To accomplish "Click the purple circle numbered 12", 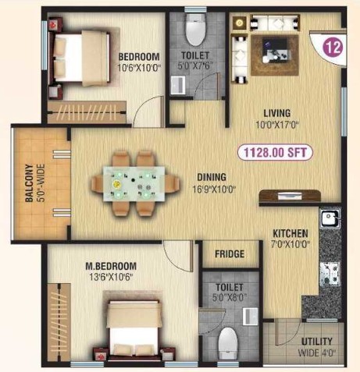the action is (x=333, y=48).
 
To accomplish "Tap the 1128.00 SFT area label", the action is (x=275, y=152).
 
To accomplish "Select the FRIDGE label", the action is (x=230, y=253).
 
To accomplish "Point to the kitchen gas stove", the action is (x=330, y=274).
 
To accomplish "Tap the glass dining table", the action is (x=134, y=184).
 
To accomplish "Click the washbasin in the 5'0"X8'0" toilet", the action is (x=250, y=317).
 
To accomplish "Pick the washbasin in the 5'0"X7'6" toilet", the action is (x=178, y=85).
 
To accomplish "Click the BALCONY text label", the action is (x=30, y=182).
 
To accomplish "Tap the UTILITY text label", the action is (x=317, y=341).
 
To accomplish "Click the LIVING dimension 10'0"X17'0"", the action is (x=277, y=125).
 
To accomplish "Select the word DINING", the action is (x=212, y=177).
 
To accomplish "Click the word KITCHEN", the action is (x=290, y=233).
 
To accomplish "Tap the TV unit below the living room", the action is (x=290, y=196).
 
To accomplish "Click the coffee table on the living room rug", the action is (x=276, y=51).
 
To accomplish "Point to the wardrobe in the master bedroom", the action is (x=59, y=322).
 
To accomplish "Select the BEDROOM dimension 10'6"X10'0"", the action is (x=139, y=68).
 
